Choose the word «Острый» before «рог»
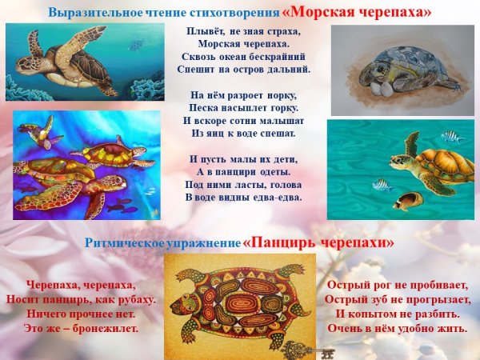349,285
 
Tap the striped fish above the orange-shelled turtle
452,136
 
